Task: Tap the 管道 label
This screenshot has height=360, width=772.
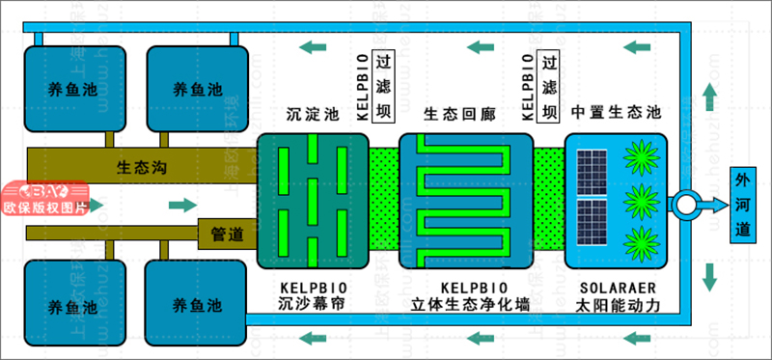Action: click(226, 233)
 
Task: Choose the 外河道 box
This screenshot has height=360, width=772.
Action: click(741, 205)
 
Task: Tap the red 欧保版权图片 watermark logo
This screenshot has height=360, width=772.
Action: click(45, 199)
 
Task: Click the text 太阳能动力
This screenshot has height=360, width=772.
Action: click(618, 306)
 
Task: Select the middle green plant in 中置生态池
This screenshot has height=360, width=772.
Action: click(637, 203)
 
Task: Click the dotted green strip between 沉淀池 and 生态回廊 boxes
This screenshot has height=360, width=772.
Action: click(384, 206)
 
